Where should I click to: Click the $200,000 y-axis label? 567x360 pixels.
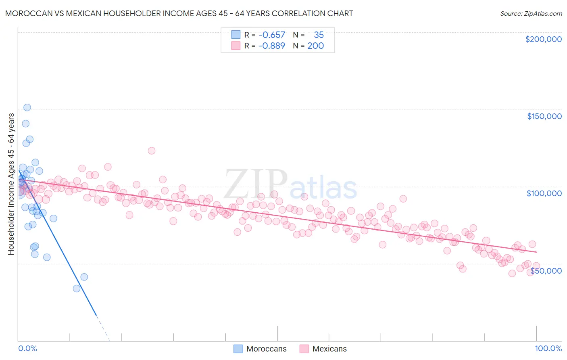coord(543,39)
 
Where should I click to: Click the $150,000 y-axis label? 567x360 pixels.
coord(544,116)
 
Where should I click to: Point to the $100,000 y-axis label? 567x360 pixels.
coord(544,193)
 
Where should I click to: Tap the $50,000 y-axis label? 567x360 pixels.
coord(546,271)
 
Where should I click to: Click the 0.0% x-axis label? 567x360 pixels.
coord(27,348)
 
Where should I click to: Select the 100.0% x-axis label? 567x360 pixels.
coord(548,348)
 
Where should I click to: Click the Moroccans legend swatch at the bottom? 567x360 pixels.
coord(238,349)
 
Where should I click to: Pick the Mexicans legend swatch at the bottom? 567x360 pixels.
coord(304,349)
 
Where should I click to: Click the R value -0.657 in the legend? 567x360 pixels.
coord(272,35)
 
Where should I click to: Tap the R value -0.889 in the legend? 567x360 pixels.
coord(272,46)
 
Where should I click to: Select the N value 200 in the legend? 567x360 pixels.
coord(315,46)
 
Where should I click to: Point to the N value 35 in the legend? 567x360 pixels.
coord(319,35)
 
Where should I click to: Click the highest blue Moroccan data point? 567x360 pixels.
coord(27,107)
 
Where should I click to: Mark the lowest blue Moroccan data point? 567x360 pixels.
coord(77,289)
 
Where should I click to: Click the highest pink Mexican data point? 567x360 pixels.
coord(152,151)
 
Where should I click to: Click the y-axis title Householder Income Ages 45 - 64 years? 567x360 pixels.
coord(11,184)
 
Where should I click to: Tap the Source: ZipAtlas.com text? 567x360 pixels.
coord(531,14)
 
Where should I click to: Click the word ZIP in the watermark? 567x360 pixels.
coord(255,184)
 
